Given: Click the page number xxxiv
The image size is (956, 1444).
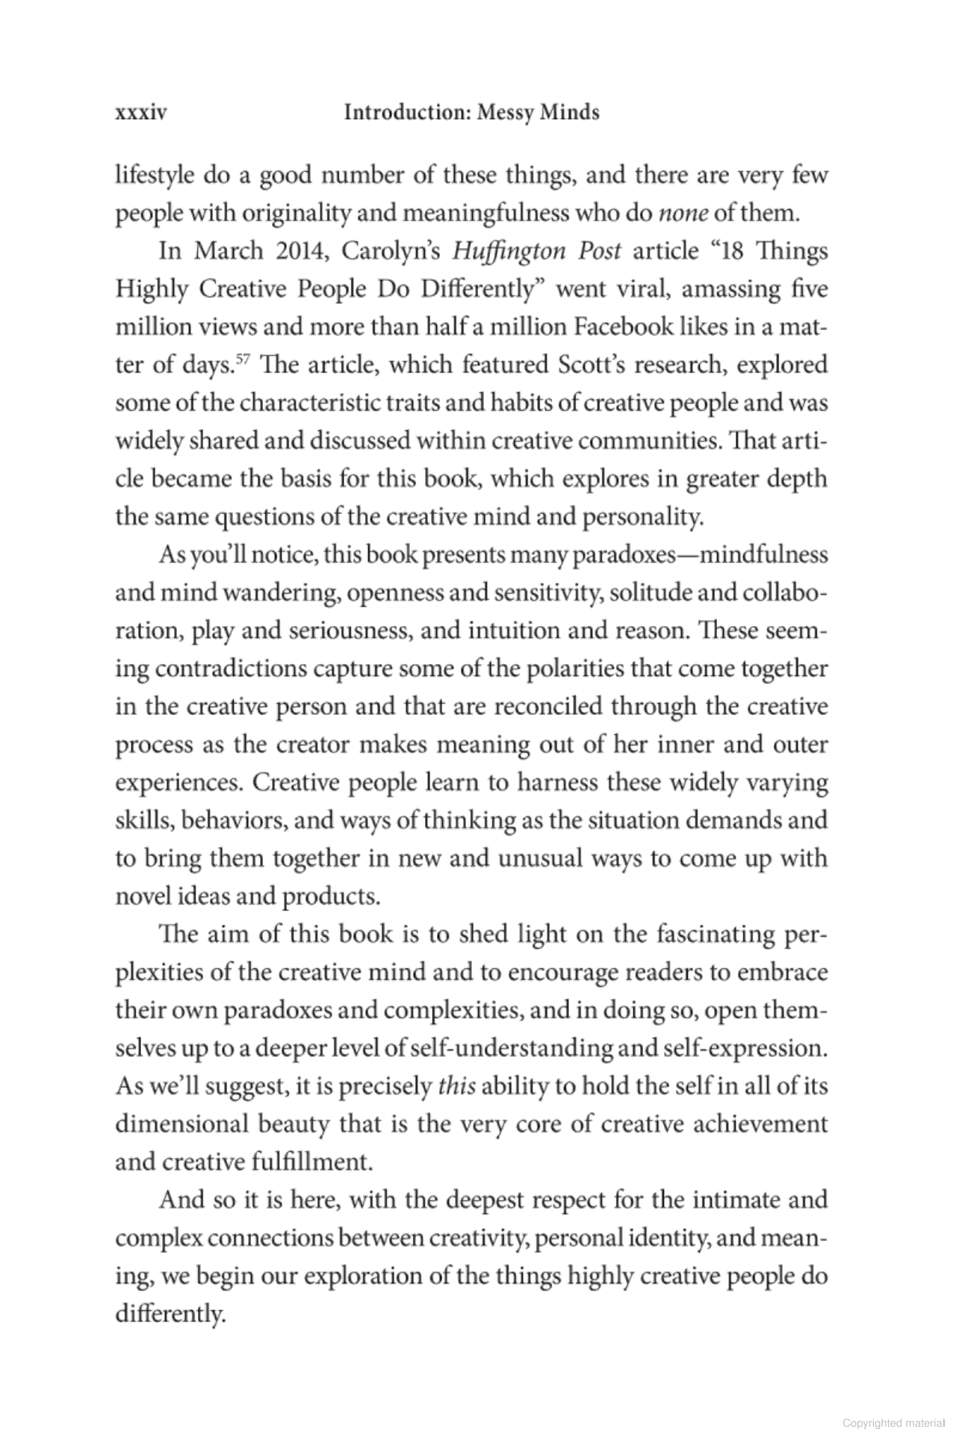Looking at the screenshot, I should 140,113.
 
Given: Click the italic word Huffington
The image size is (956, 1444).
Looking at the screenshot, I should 509,251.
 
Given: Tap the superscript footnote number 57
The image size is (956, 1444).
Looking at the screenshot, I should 240,360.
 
